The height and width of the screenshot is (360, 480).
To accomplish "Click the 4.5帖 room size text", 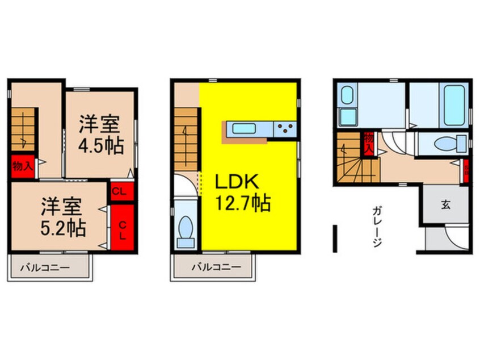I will [101, 146].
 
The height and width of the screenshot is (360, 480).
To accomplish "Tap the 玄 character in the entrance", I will [445, 205].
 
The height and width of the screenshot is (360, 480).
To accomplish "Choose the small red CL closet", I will [120, 191].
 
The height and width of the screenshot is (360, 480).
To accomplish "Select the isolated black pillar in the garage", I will [335, 237].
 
